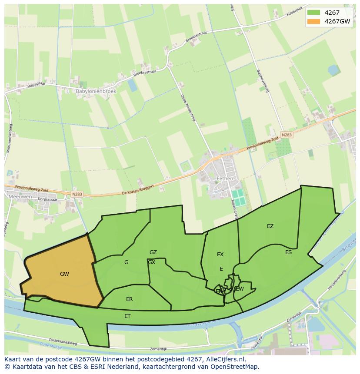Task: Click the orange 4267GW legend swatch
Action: (313, 21)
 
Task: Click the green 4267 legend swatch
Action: (313, 13)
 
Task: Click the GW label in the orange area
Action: (64, 274)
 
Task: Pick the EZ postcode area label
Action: (270, 226)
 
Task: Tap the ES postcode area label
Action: (288, 252)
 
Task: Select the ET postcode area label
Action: (127, 316)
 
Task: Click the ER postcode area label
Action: (129, 299)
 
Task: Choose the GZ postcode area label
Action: (153, 252)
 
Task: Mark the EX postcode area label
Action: (220, 255)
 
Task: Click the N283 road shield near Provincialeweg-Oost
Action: (286, 135)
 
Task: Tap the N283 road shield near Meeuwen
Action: (77, 194)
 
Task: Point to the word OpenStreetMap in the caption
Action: (238, 367)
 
